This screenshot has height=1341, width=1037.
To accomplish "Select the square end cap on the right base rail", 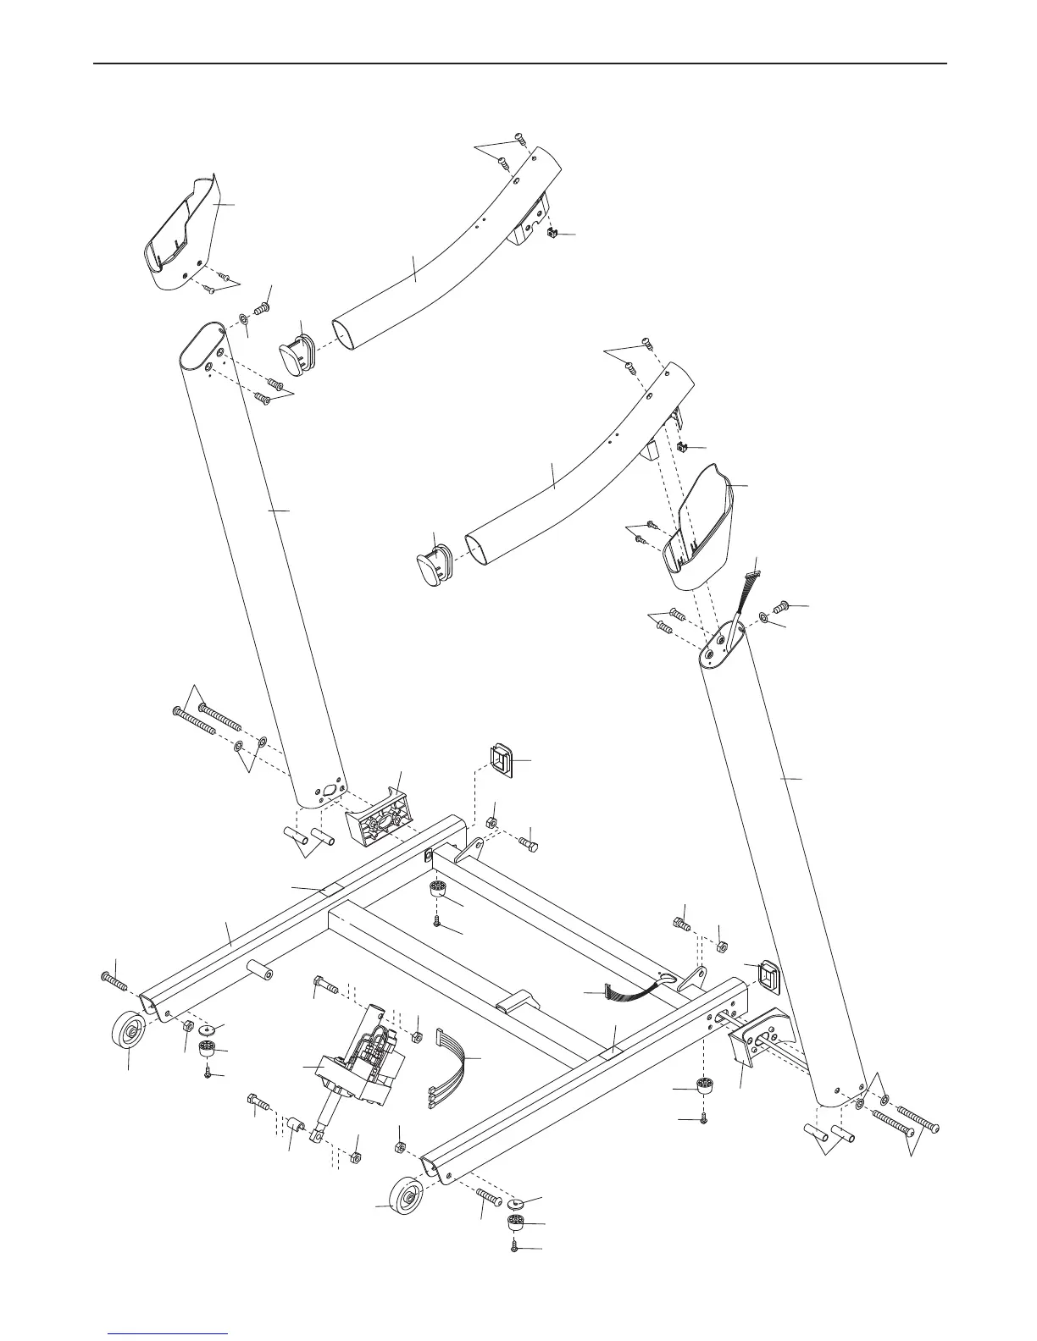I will (765, 979).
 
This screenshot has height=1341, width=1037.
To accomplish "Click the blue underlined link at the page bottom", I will (169, 1334).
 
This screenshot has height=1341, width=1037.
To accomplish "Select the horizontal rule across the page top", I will (518, 63).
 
